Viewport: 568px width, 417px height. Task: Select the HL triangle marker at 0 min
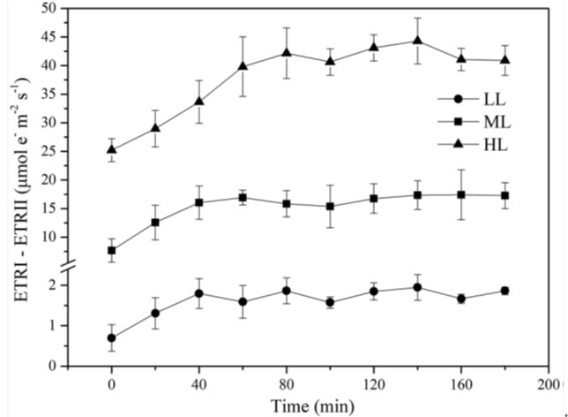[x=112, y=149]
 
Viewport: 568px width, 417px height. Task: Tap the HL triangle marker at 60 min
[x=243, y=65]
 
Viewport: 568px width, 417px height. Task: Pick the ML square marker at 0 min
[x=112, y=251]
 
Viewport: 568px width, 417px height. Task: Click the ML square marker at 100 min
[x=330, y=207]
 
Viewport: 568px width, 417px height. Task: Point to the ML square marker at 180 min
[x=504, y=195]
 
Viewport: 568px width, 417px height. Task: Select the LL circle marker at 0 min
[x=112, y=337]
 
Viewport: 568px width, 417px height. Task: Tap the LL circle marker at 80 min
[x=287, y=291]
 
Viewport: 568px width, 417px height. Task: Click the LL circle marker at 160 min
[x=461, y=299]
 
